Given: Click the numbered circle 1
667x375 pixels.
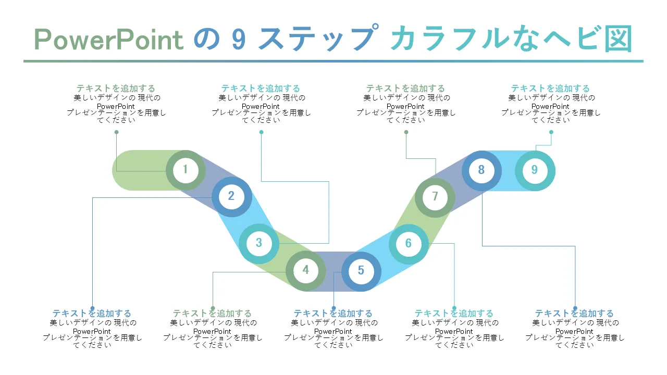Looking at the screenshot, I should click(x=186, y=170).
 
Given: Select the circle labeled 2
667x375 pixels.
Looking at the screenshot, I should click(x=231, y=196).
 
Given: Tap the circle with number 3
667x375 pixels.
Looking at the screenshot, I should click(x=259, y=243).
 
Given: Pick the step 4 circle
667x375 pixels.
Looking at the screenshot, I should click(x=306, y=270).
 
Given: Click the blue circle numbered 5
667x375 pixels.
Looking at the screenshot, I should click(x=361, y=271).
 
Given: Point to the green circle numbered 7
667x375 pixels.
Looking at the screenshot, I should click(x=435, y=197).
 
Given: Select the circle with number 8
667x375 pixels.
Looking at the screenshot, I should click(x=481, y=170).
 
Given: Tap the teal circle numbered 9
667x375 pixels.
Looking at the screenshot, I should click(x=535, y=170).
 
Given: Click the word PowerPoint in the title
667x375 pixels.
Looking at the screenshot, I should click(x=109, y=40).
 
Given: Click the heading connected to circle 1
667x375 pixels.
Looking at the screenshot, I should click(x=116, y=89).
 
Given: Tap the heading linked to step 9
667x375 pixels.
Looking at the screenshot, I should click(x=550, y=89).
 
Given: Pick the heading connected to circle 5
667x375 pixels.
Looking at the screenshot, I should click(x=333, y=314).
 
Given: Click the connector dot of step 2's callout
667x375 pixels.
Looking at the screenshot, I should click(x=92, y=308).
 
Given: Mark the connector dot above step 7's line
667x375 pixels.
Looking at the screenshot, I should click(x=406, y=132).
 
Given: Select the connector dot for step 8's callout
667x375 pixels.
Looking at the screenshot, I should click(x=575, y=308).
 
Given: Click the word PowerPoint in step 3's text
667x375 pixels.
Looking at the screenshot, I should click(x=261, y=106).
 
